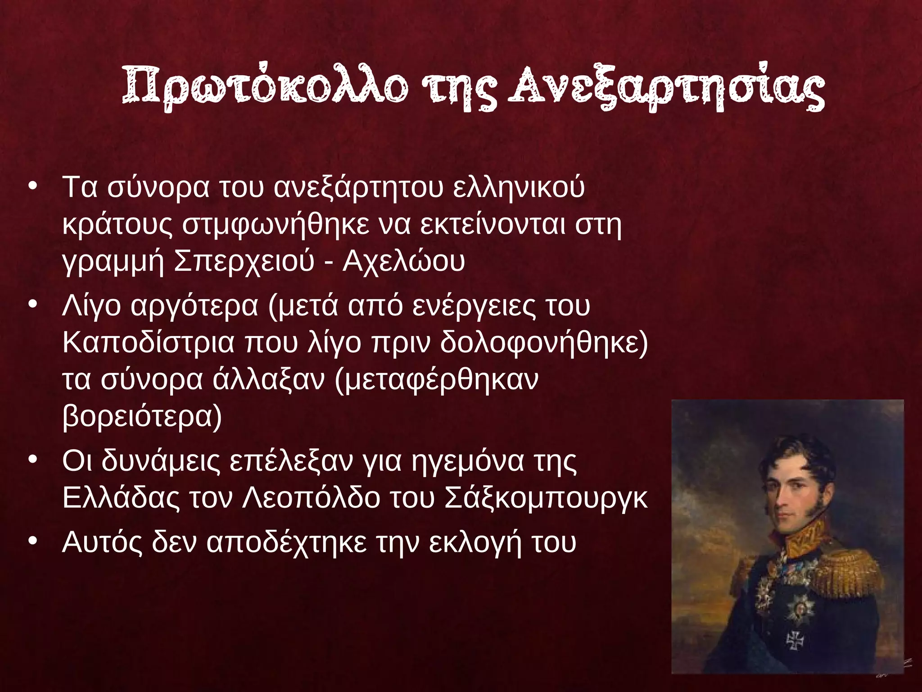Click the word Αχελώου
[x=403, y=261]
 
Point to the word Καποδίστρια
[x=149, y=343]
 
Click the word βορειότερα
[x=142, y=416]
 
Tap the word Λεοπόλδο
[x=311, y=498]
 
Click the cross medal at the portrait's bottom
[x=795, y=640]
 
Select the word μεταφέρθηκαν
[x=437, y=380]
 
